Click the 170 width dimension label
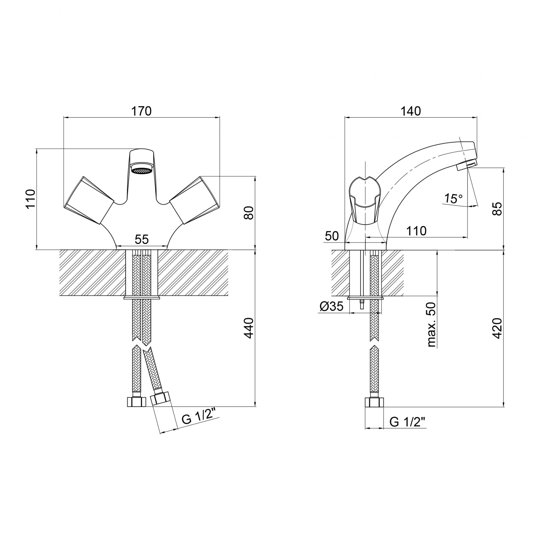click(141, 111)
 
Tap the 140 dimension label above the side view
click(411, 111)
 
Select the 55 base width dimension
click(141, 239)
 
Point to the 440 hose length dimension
click(249, 328)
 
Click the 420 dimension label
click(497, 328)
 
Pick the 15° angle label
click(454, 199)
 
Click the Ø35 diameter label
click(332, 306)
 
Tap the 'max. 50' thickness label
click(431, 325)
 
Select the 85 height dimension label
click(497, 209)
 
